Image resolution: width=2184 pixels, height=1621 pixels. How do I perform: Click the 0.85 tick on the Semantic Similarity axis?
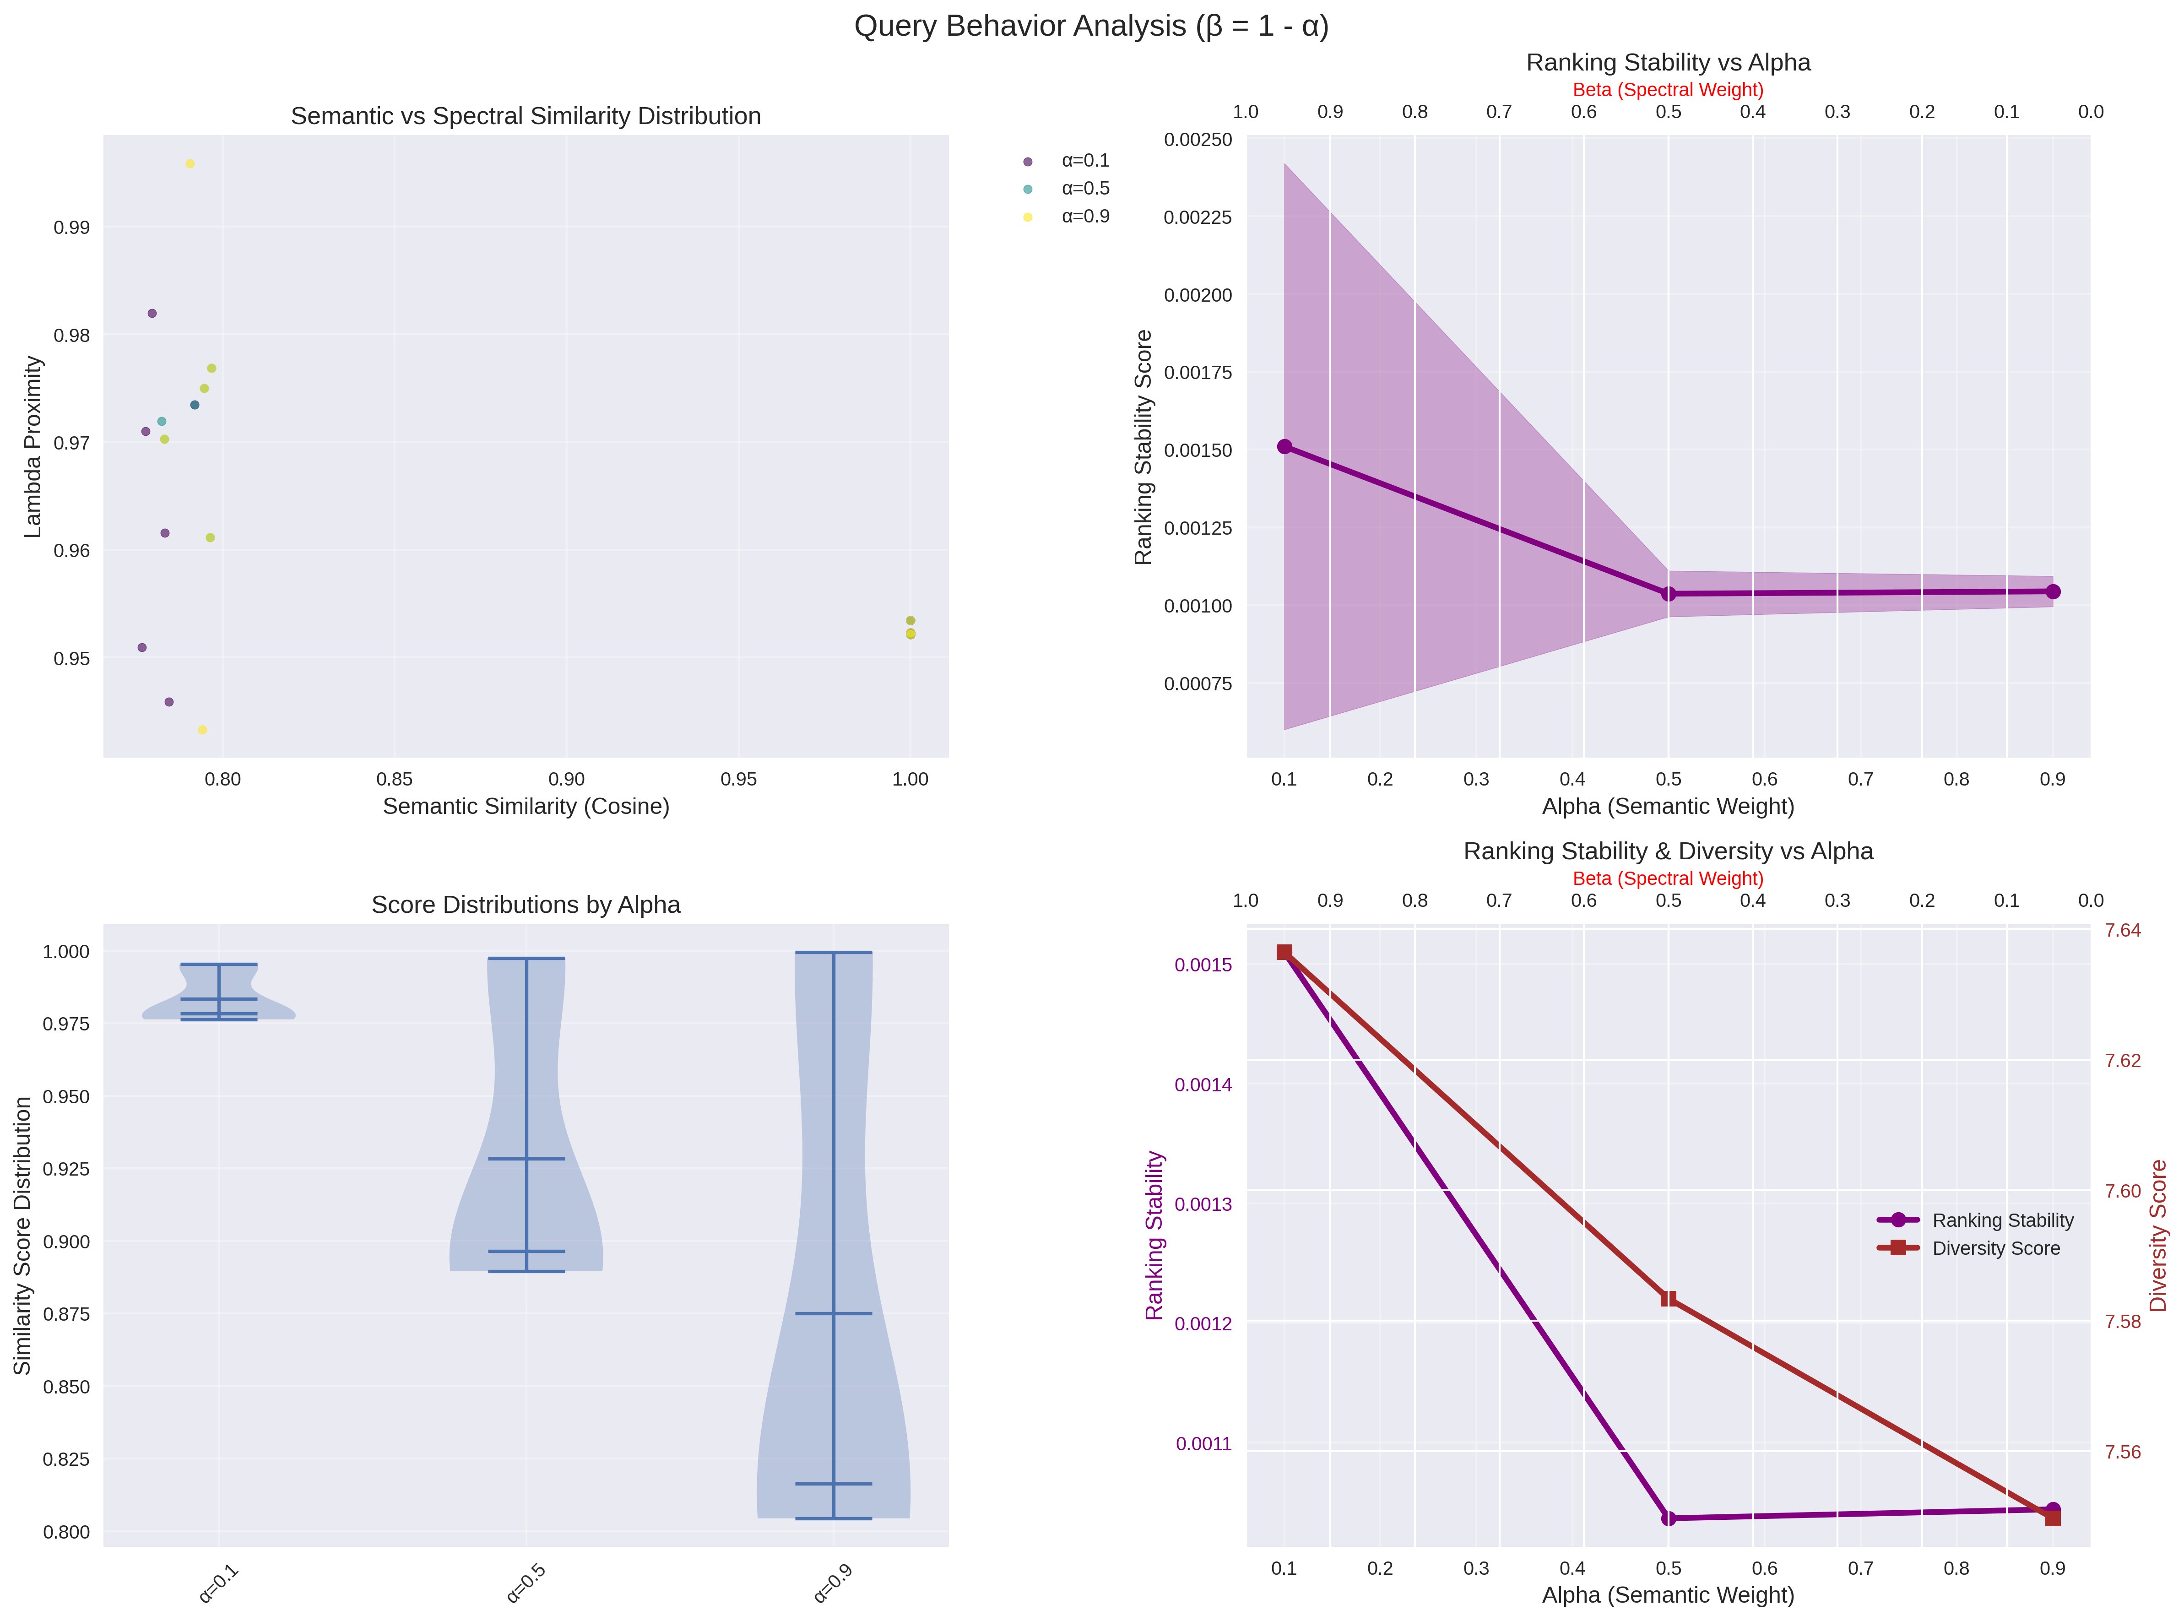coord(395,779)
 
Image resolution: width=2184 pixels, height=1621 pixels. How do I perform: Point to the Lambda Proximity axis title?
coord(33,446)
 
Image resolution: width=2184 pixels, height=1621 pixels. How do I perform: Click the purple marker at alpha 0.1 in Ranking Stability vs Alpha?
coord(1284,446)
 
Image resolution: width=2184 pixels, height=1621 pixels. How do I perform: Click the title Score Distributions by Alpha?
coord(526,905)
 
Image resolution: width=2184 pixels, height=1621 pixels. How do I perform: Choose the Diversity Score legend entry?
coord(1995,1248)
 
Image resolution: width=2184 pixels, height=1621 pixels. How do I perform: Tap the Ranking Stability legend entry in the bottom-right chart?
coord(2001,1220)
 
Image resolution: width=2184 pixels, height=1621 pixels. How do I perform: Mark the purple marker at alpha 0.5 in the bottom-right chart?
coord(1668,1518)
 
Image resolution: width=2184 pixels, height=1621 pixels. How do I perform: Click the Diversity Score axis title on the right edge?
coord(2157,1236)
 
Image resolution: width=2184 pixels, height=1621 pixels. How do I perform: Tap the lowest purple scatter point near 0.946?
coord(169,702)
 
